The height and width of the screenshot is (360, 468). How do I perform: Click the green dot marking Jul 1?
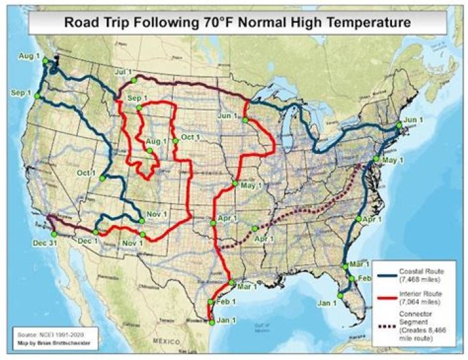point(133,80)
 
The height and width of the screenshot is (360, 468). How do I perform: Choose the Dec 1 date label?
point(87,241)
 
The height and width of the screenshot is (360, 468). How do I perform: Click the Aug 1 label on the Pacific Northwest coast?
point(29,57)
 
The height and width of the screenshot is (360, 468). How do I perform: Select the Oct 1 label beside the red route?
point(191,137)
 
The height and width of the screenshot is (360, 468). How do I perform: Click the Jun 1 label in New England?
point(413,120)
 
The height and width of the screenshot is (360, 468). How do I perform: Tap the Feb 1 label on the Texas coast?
point(226,302)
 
